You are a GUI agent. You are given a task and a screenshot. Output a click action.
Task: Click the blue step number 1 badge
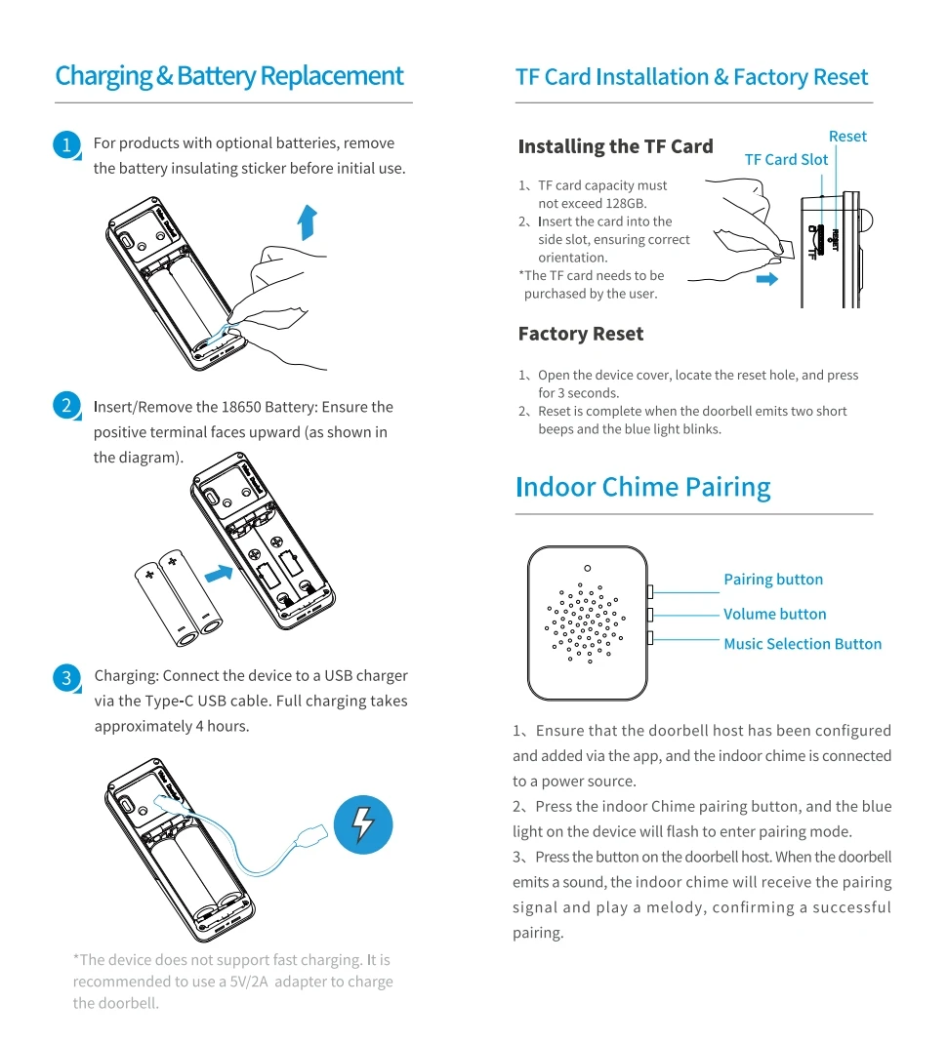pos(65,145)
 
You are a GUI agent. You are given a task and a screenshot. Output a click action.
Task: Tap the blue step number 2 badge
pos(65,406)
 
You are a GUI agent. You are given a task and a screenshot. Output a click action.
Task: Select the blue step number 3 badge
pos(65,677)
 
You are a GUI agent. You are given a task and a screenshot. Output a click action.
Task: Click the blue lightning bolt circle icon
pos(362,825)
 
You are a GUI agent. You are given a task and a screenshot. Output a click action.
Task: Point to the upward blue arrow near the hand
pos(308,221)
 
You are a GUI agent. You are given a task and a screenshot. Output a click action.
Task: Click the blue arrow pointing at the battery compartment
pos(220,574)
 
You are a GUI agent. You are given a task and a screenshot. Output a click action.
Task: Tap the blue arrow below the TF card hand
pos(767,279)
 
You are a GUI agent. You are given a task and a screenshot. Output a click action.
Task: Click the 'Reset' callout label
pos(847,137)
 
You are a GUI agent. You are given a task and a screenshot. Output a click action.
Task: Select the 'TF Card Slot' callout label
pos(786,160)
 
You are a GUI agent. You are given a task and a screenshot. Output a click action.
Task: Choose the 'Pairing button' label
pos(773,580)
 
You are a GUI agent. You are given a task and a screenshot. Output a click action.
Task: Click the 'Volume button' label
pos(774,614)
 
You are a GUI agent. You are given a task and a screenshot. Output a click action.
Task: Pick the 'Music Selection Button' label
pos(803,644)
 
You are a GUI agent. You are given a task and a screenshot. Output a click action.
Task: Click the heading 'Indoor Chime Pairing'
pos(642,487)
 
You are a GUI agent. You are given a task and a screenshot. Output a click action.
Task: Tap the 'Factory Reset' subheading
pos(581,334)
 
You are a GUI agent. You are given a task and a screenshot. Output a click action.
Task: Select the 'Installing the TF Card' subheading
pos(615,146)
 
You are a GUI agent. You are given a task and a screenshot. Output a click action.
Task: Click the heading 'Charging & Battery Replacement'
pos(229,76)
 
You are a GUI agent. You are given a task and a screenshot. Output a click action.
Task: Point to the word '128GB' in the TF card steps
pos(625,204)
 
